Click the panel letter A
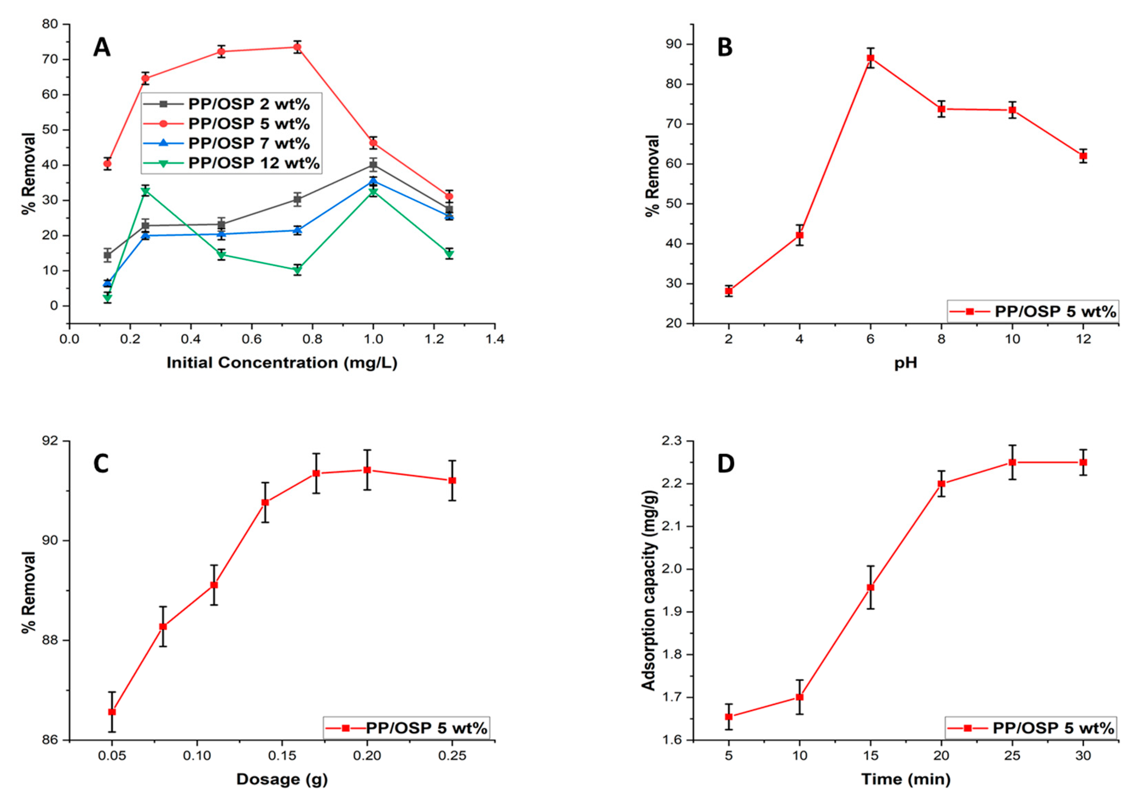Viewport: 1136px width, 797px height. pyautogui.click(x=102, y=48)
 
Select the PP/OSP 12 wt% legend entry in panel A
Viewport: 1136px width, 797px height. pyautogui.click(x=254, y=163)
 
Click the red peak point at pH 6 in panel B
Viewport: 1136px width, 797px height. pyautogui.click(x=870, y=58)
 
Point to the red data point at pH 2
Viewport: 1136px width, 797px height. pyautogui.click(x=729, y=291)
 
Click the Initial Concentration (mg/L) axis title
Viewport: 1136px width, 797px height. pyautogui.click(x=281, y=363)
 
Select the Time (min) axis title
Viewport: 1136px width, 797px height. pyautogui.click(x=906, y=779)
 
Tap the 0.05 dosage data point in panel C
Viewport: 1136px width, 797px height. pyautogui.click(x=112, y=711)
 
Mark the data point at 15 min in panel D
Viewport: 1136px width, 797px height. pyautogui.click(x=870, y=587)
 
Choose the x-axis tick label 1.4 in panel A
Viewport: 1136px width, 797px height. pyautogui.click(x=495, y=339)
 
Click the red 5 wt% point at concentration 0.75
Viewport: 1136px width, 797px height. pyautogui.click(x=297, y=47)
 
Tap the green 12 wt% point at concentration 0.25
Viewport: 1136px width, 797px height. pyautogui.click(x=145, y=191)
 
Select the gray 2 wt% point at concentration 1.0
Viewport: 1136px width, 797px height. pyautogui.click(x=373, y=165)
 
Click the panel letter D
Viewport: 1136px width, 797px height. pyautogui.click(x=726, y=464)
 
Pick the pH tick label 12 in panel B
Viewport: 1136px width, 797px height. pyautogui.click(x=1083, y=339)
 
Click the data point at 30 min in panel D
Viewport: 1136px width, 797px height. pyautogui.click(x=1083, y=462)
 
